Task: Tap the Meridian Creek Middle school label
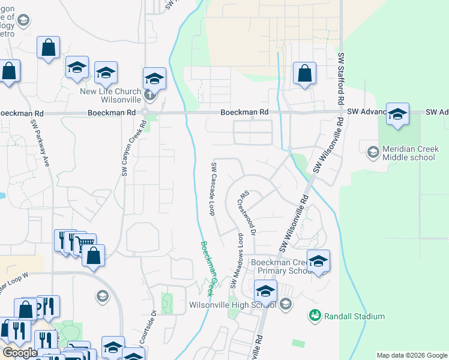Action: (x=407, y=153)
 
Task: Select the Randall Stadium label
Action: (x=354, y=316)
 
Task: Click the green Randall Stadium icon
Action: (x=314, y=314)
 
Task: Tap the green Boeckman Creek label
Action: (x=208, y=268)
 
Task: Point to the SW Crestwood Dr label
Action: (x=249, y=213)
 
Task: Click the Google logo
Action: (x=19, y=353)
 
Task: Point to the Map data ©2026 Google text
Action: (x=412, y=355)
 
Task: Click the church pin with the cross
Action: (x=150, y=95)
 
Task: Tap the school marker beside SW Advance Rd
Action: (x=397, y=114)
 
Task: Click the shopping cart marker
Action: (x=86, y=243)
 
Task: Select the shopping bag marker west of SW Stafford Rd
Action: (x=305, y=73)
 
